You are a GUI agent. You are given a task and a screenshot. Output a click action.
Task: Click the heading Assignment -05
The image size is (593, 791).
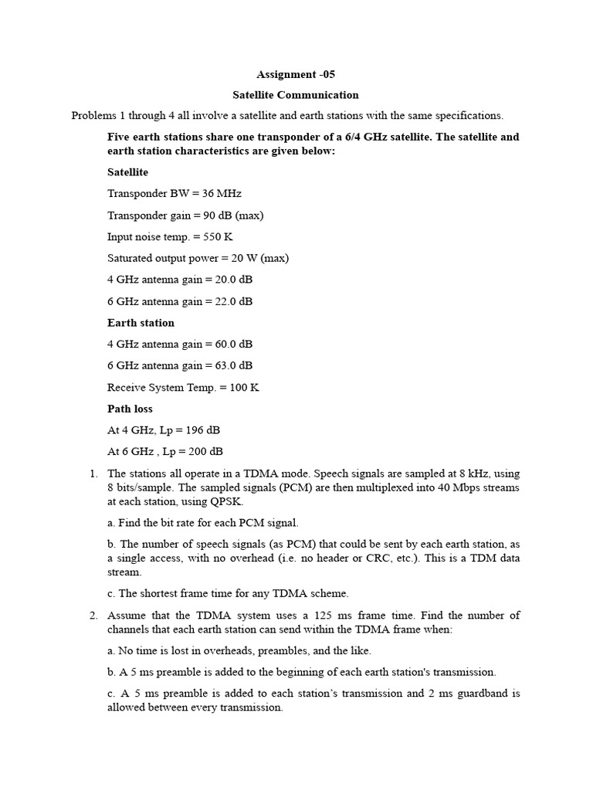(296, 75)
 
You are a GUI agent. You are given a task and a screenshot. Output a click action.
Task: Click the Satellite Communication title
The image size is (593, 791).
(296, 95)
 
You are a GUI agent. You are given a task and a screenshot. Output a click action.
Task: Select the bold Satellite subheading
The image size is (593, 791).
(127, 172)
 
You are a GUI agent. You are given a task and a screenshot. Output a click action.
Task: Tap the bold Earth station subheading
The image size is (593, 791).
(141, 323)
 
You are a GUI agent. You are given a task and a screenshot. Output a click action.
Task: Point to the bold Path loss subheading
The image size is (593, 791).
(130, 409)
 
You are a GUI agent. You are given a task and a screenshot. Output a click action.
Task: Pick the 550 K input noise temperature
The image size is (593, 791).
(218, 237)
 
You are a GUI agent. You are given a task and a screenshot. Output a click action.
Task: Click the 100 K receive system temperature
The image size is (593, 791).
(243, 388)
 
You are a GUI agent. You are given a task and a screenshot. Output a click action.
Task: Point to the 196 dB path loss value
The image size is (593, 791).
(209, 430)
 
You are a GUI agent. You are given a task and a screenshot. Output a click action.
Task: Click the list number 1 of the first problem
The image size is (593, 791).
(93, 474)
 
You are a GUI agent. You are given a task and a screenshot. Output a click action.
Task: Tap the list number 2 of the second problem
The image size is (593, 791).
(93, 616)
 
